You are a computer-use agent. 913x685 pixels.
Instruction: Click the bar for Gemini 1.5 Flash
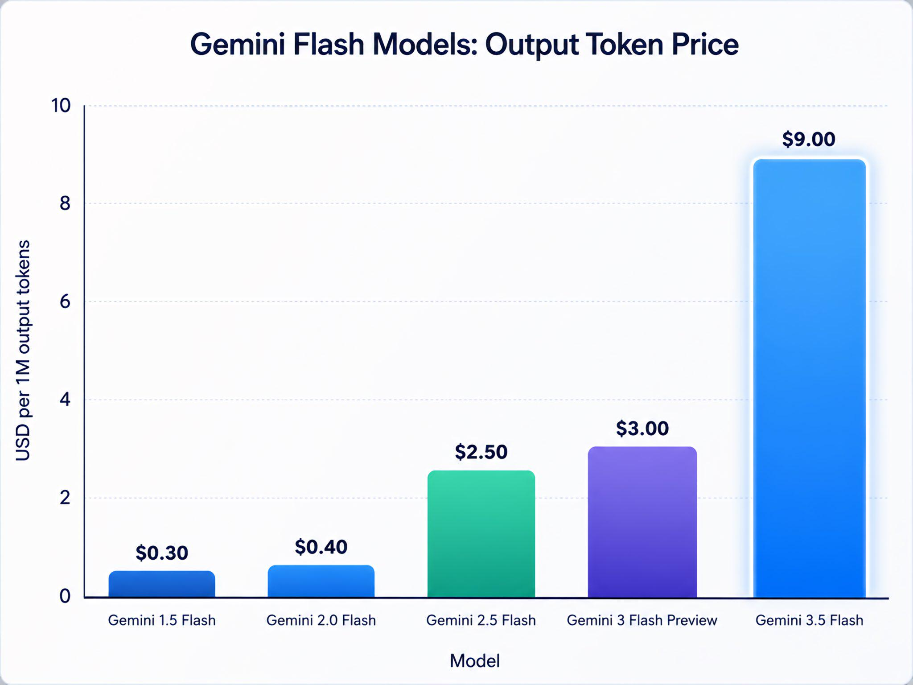click(162, 584)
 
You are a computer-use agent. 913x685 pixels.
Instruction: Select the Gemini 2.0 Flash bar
click(321, 581)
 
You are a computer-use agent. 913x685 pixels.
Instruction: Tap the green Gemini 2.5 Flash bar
click(481, 534)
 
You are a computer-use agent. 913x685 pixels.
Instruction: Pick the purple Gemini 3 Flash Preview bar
click(642, 522)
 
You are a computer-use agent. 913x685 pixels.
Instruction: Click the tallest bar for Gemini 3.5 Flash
click(810, 378)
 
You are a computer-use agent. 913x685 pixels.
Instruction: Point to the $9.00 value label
click(809, 139)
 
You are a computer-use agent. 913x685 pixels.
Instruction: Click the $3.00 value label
click(642, 428)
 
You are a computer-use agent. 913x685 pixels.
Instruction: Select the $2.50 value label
click(481, 452)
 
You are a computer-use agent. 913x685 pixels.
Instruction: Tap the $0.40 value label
click(321, 547)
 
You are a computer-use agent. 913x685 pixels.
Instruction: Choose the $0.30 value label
click(162, 553)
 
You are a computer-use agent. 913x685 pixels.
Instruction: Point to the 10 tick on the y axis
click(61, 106)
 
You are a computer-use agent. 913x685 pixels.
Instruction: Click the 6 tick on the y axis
click(65, 301)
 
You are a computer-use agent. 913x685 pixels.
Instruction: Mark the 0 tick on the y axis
click(65, 596)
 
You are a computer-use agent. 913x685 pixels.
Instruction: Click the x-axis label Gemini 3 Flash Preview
click(642, 620)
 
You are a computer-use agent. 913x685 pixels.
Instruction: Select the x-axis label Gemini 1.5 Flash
click(162, 620)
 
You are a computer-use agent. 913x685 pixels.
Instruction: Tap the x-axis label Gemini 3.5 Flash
click(810, 620)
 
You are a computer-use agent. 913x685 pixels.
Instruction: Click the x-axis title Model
click(475, 660)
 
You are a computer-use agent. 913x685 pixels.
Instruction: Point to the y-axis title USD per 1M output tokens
click(23, 351)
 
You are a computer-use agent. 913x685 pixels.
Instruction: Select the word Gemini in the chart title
click(238, 44)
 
